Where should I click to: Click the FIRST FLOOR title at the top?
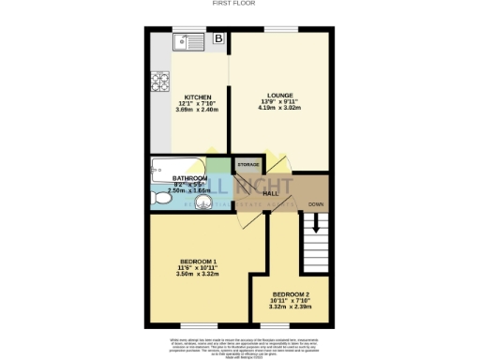[x=239, y=5]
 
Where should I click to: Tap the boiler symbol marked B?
[x=218, y=39]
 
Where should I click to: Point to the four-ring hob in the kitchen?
[x=155, y=82]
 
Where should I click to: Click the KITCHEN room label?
[x=196, y=97]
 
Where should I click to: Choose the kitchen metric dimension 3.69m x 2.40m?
[x=196, y=110]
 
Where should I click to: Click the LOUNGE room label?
[x=280, y=96]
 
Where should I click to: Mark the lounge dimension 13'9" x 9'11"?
[x=280, y=101]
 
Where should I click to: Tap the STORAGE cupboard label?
[x=247, y=165]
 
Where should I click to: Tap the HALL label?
[x=273, y=192]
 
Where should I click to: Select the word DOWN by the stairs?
[x=316, y=203]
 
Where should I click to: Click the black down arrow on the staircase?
[x=316, y=224]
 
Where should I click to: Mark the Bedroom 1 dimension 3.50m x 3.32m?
[x=198, y=275]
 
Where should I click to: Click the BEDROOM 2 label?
[x=290, y=293]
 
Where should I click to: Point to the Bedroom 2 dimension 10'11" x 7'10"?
[x=290, y=300]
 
